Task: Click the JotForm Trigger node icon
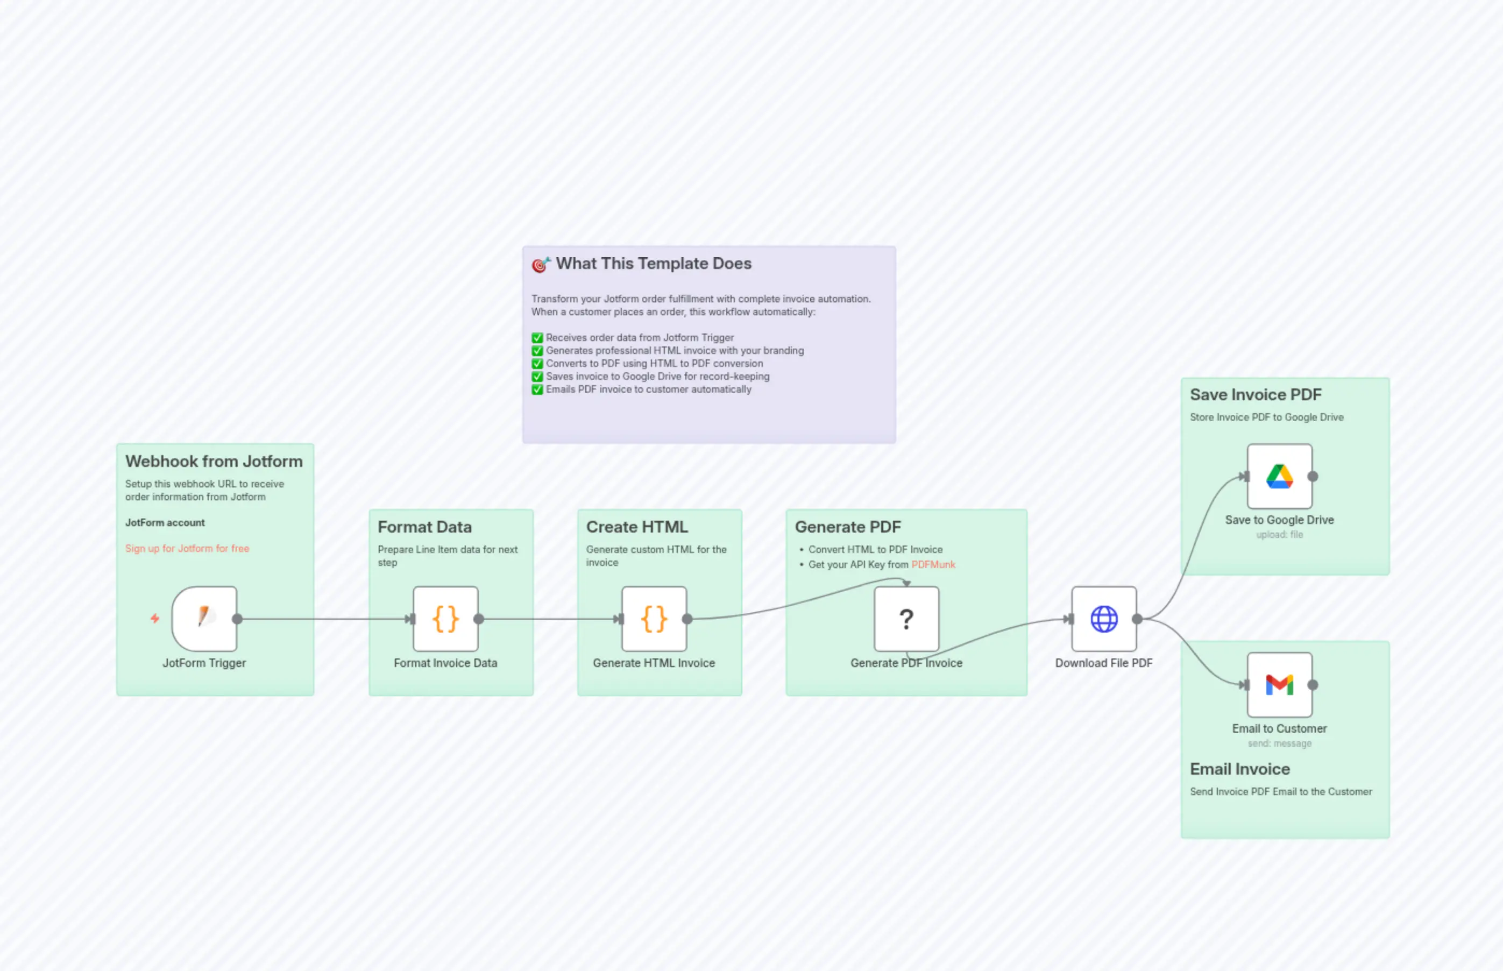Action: (x=204, y=619)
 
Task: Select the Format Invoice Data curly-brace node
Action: (x=445, y=619)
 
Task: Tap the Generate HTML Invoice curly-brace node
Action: (x=654, y=619)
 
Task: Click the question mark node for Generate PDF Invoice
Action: (x=906, y=619)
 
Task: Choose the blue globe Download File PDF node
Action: (x=1103, y=619)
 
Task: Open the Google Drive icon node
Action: (x=1279, y=476)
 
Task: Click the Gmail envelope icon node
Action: (x=1279, y=685)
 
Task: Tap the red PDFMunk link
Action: (x=933, y=564)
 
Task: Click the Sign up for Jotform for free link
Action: (x=187, y=549)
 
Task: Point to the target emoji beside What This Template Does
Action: (x=540, y=265)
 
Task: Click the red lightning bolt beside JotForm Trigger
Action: (x=155, y=619)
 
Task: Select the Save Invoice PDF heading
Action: (x=1255, y=395)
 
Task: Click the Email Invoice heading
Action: (x=1239, y=769)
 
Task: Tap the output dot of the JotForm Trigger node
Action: (x=238, y=619)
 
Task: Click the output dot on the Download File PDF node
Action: (x=1137, y=619)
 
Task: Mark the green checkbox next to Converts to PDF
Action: (x=537, y=364)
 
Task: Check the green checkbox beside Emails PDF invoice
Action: (x=537, y=389)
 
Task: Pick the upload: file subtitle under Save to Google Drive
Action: (x=1279, y=535)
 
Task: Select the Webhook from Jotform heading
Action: (x=214, y=462)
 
